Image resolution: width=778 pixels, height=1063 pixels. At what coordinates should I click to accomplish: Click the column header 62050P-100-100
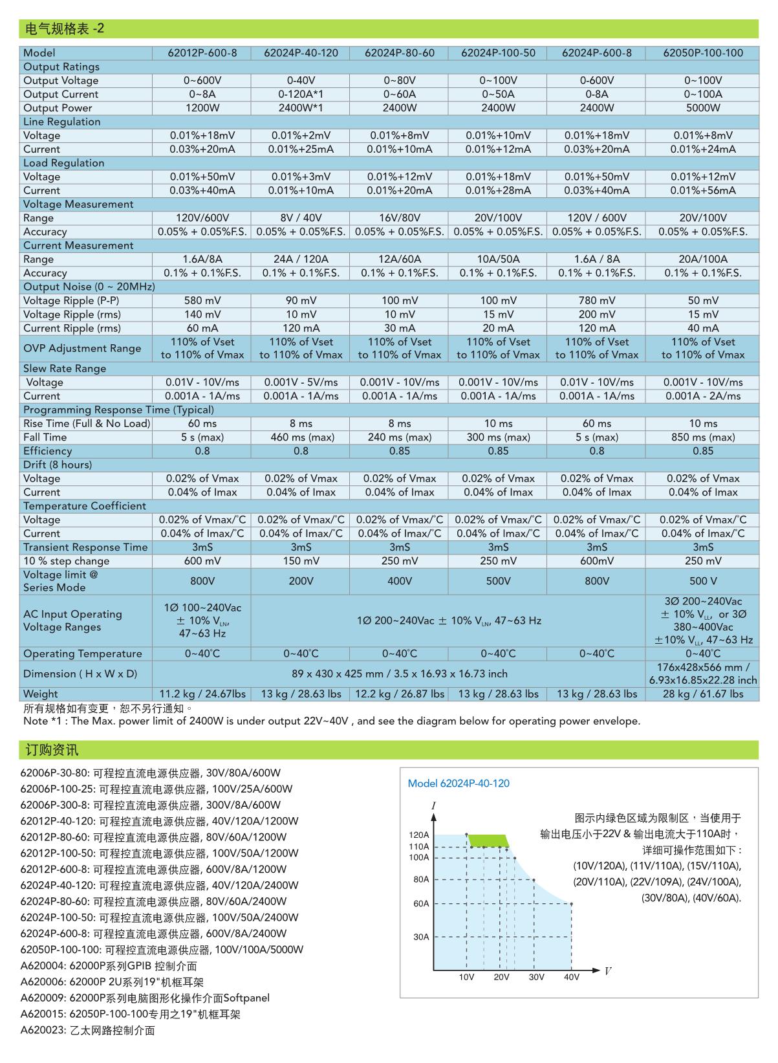[x=702, y=53]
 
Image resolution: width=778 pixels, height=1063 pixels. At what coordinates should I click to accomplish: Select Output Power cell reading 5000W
[x=702, y=108]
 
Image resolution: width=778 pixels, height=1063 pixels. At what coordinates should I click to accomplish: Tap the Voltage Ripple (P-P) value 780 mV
[x=596, y=301]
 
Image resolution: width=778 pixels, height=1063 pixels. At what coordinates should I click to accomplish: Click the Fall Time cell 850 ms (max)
[x=702, y=437]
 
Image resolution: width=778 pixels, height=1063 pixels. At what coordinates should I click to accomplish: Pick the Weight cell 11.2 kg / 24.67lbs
[x=202, y=694]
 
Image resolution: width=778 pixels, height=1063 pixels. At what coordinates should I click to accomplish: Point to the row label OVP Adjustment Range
[x=82, y=348]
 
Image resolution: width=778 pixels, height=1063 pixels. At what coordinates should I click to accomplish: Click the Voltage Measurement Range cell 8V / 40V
[x=301, y=218]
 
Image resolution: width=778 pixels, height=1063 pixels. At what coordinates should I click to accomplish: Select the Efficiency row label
[x=48, y=451]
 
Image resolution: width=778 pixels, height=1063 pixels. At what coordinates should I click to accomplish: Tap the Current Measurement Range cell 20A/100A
[x=702, y=259]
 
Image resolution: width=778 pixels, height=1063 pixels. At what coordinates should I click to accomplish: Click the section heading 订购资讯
[x=52, y=750]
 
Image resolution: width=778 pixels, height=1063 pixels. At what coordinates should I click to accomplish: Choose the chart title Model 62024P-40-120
[x=459, y=784]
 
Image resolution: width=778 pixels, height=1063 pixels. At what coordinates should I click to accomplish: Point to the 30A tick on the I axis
[x=421, y=937]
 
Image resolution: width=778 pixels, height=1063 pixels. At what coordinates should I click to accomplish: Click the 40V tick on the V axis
[x=572, y=977]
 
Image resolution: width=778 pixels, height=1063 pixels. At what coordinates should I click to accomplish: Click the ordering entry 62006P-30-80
[x=151, y=773]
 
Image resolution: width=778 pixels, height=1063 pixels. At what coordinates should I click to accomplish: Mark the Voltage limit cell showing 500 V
[x=702, y=581]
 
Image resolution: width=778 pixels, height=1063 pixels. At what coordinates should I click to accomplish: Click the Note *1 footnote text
[x=331, y=721]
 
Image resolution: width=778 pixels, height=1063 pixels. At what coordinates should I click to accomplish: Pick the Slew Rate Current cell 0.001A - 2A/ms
[x=702, y=396]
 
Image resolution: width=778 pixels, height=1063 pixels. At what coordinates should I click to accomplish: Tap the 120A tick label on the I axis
[x=419, y=835]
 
